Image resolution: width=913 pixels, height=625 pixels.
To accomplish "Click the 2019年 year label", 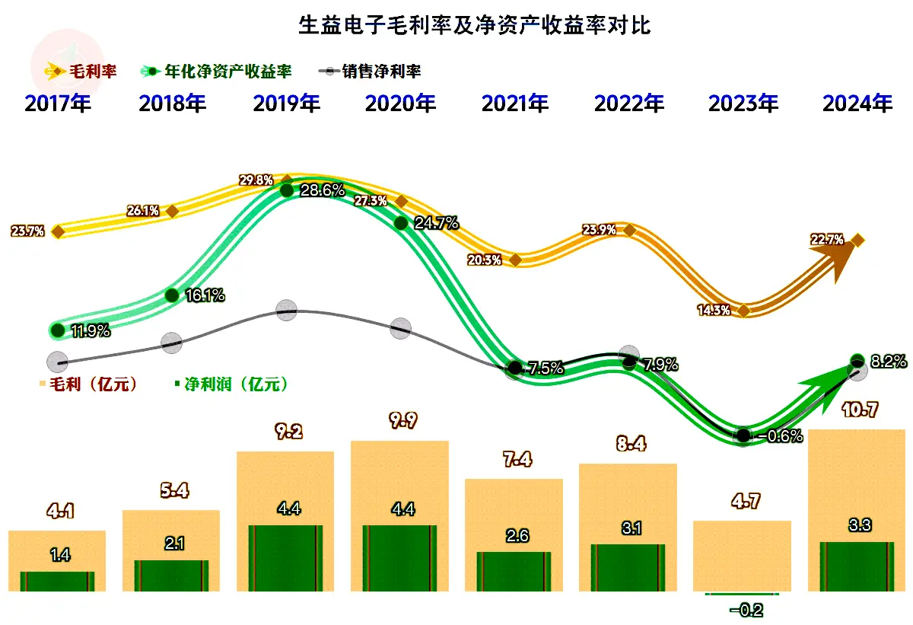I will coord(286,104).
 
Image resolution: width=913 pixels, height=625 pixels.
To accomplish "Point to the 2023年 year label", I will coord(743,104).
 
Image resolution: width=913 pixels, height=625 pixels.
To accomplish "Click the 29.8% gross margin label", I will coord(256,180).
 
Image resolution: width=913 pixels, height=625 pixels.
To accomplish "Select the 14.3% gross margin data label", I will coord(713,310).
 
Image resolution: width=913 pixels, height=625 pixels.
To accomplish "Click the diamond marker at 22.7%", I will coord(857,241).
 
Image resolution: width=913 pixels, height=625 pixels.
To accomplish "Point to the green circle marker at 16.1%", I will coord(172,295).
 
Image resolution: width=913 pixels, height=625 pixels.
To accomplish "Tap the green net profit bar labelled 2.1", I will coord(171,576).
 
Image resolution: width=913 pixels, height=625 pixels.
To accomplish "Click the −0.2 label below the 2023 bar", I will coord(746,610).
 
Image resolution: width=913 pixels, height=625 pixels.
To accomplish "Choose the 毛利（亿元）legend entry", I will coord(92,384).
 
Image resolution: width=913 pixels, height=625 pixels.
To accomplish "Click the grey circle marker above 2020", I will coord(400,329).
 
